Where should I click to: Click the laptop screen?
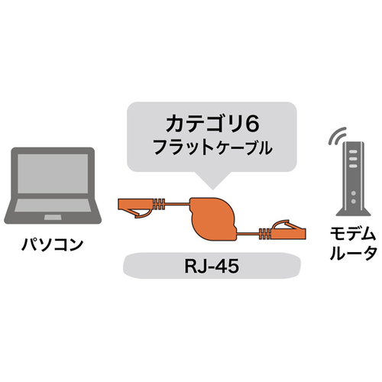[53, 173]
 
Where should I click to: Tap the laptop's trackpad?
[53, 217]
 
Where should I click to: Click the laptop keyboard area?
[53, 206]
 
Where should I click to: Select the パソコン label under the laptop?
[52, 244]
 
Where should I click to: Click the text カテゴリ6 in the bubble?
[212, 125]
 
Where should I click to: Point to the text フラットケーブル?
[212, 147]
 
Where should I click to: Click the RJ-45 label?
[212, 266]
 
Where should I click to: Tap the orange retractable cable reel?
[213, 219]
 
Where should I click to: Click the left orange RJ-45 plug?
[135, 207]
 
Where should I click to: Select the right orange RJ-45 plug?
[289, 230]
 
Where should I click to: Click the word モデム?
[353, 235]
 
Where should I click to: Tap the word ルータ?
[353, 253]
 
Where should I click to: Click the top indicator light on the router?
[353, 152]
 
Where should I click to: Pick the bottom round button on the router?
[353, 202]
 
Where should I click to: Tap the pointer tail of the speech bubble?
[213, 180]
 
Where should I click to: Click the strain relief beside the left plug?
[160, 204]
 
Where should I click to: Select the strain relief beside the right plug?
[265, 234]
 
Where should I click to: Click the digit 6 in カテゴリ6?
[253, 125]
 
